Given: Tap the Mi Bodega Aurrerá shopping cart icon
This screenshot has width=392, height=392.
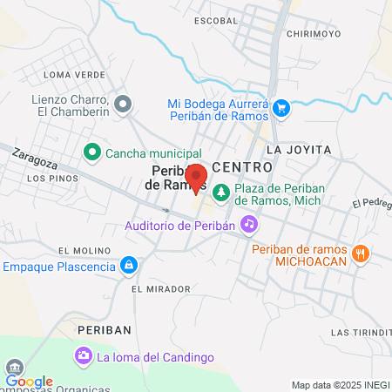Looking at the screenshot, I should click(280, 109).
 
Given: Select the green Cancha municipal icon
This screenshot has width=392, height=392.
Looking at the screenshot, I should click(91, 153).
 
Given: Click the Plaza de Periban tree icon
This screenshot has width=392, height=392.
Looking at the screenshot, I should click(221, 192).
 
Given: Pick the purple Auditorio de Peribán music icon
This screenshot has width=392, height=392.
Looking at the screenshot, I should click(249, 225).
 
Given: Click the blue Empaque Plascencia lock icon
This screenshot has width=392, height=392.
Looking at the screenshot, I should click(129, 264).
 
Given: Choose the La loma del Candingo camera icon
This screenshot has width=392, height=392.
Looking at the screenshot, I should click(84, 355).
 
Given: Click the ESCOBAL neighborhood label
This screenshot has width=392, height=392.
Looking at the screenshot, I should click(217, 19).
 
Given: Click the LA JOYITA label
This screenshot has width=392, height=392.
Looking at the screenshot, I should click(300, 150).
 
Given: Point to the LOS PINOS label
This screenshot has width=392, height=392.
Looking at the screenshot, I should click(52, 179).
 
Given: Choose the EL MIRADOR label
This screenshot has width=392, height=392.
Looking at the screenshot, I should click(160, 288).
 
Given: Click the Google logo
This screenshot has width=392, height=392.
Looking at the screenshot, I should click(29, 382).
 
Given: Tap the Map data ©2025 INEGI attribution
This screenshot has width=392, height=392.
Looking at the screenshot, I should click(340, 385).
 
